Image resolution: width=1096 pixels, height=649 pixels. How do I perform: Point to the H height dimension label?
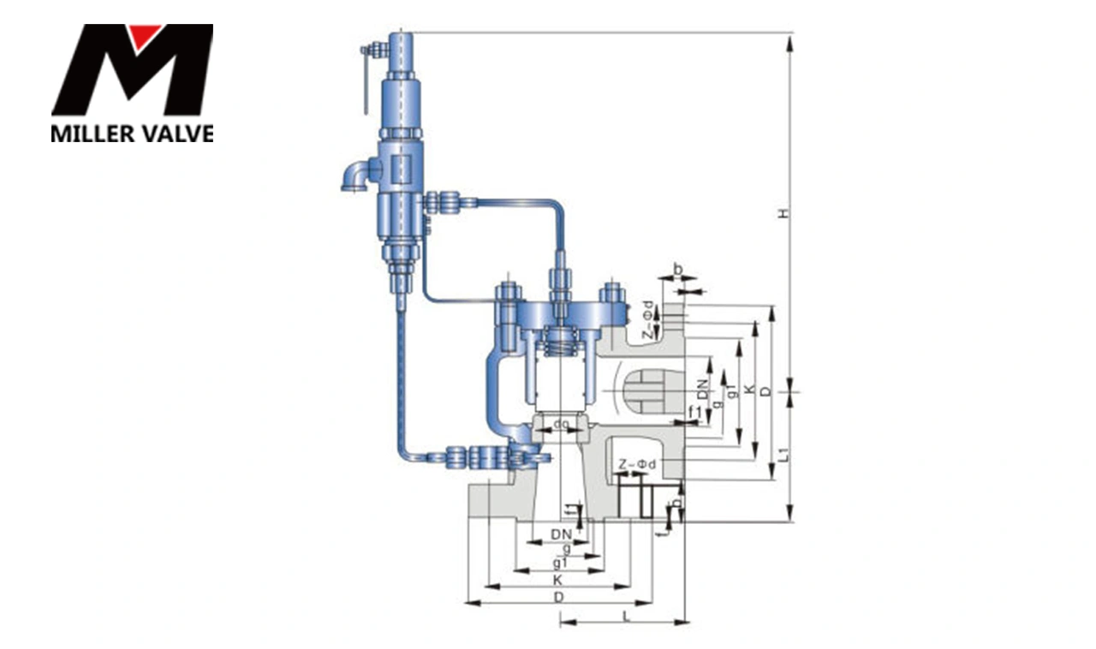(782, 212)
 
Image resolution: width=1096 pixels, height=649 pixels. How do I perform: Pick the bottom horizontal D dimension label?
(558, 597)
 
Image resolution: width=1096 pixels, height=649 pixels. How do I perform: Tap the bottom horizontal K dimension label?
(558, 580)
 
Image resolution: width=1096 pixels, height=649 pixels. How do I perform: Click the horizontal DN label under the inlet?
(561, 534)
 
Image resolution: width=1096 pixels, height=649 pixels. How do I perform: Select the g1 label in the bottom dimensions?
(560, 563)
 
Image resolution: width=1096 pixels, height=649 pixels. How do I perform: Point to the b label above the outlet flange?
(678, 271)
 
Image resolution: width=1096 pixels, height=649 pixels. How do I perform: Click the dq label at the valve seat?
(561, 424)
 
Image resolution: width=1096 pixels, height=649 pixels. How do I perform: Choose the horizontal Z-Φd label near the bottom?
(637, 464)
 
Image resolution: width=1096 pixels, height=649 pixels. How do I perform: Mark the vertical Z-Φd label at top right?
(649, 319)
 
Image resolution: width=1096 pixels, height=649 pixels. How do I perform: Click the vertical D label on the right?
(765, 390)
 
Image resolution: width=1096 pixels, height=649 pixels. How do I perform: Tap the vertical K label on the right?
(749, 390)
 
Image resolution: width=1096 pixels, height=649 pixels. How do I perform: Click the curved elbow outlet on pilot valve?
(354, 175)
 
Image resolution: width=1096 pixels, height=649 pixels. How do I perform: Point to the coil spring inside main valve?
(560, 348)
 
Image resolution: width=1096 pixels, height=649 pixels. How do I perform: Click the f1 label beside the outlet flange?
(696, 414)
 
